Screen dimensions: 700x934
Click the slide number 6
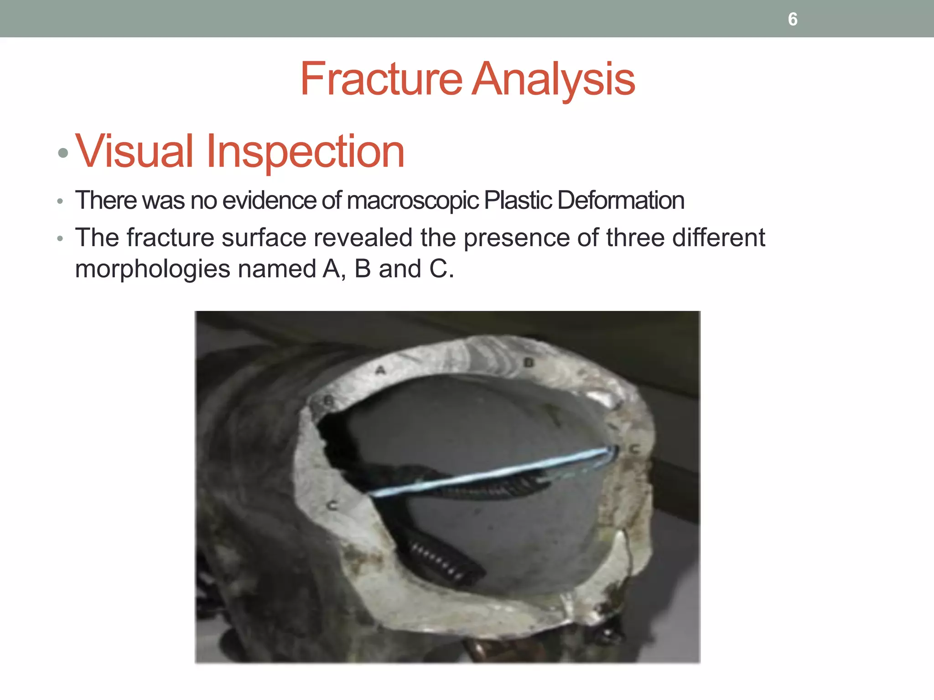[x=793, y=19]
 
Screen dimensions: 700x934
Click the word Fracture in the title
[x=381, y=79]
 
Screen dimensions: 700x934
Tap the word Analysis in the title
[x=553, y=79]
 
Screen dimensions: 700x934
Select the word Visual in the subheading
[x=134, y=151]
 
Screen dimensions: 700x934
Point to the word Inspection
[x=305, y=152]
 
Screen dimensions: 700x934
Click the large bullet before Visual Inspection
[x=63, y=153]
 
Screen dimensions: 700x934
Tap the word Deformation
[x=621, y=200]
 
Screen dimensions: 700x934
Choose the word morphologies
[x=153, y=269]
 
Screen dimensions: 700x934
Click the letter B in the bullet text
[x=363, y=269]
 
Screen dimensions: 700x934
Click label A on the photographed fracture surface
[x=380, y=370]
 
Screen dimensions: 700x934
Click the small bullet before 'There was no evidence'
[x=60, y=201]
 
